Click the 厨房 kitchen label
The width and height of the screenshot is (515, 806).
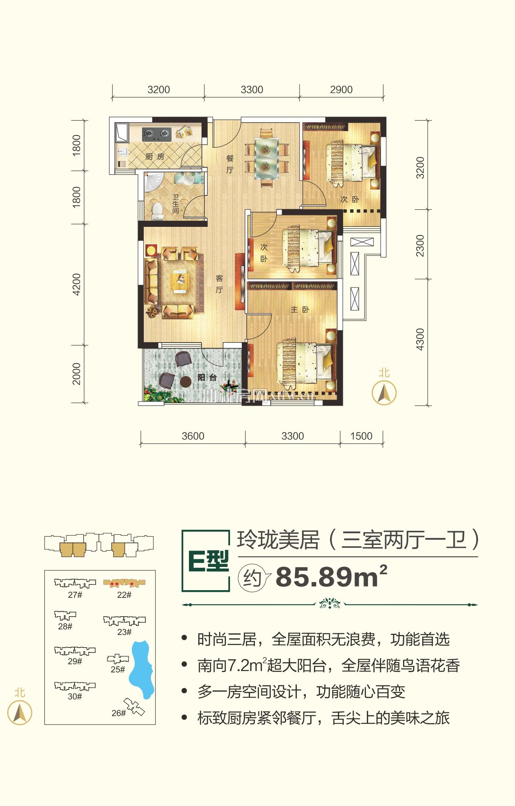tap(155, 156)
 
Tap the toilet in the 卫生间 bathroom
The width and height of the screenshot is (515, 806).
tap(157, 210)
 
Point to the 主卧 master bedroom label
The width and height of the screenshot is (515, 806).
tap(300, 310)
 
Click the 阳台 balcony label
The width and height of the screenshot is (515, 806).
tap(207, 378)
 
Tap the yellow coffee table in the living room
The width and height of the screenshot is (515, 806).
tap(180, 282)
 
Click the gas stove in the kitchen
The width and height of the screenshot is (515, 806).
tap(156, 134)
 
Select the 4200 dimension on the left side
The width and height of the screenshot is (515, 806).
tap(76, 284)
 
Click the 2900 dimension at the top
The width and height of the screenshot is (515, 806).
tap(341, 90)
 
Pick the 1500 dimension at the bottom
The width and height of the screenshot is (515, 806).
tap(361, 436)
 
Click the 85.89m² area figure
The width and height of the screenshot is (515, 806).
tap(331, 577)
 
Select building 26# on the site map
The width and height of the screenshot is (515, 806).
tap(134, 707)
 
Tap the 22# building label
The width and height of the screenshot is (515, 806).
tap(124, 595)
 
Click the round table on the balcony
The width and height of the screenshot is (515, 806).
tap(185, 382)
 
